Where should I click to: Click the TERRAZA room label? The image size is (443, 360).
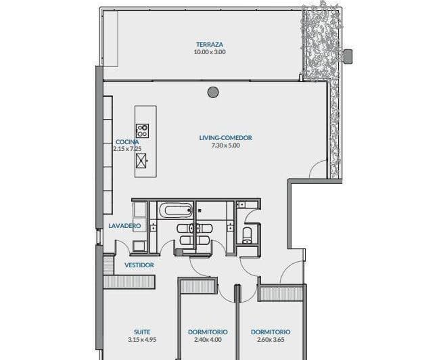click(210, 45)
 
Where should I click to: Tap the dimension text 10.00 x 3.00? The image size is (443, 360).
click(210, 52)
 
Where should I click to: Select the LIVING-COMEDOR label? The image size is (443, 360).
click(226, 138)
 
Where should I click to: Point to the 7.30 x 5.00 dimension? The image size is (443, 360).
click(226, 145)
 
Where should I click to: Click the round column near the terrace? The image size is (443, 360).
click(213, 92)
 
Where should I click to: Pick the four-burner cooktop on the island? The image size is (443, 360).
click(143, 131)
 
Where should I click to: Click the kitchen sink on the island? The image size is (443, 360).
click(141, 161)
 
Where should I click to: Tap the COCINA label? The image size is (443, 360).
click(127, 142)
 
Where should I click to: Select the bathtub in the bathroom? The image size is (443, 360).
click(175, 210)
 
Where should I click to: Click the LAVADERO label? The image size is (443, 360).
click(124, 226)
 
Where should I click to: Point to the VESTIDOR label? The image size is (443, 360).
click(139, 265)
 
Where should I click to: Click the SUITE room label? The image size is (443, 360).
click(142, 332)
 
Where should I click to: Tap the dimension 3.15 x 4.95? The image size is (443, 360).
click(142, 340)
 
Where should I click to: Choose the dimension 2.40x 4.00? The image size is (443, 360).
click(208, 340)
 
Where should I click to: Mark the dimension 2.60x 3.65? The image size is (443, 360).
click(271, 340)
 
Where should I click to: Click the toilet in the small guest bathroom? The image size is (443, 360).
click(248, 235)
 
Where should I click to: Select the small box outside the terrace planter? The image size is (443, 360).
click(348, 55)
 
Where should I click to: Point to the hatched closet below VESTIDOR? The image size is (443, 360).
click(129, 282)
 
